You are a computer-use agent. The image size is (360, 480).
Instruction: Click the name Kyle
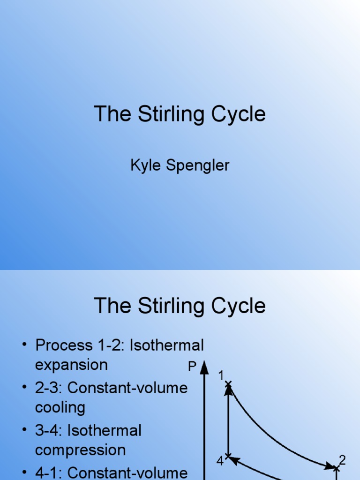[144, 165]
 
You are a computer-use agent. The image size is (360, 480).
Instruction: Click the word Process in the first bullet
[64, 345]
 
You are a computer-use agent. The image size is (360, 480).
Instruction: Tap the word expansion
[71, 365]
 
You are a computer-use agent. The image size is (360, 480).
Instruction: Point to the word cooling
[60, 407]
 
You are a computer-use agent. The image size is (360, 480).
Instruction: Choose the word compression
[80, 450]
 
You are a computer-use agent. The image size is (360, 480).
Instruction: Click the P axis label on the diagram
[192, 367]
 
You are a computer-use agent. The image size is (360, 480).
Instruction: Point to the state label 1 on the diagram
[221, 375]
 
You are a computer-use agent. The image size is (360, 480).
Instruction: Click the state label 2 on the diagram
[342, 460]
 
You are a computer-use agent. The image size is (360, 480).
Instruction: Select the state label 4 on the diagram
[220, 462]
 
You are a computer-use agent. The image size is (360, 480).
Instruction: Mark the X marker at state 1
[228, 385]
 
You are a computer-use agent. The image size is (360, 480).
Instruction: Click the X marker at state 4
[228, 456]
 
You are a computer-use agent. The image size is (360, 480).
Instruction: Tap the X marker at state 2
[336, 467]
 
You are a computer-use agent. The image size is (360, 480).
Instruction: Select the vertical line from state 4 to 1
[228, 422]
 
